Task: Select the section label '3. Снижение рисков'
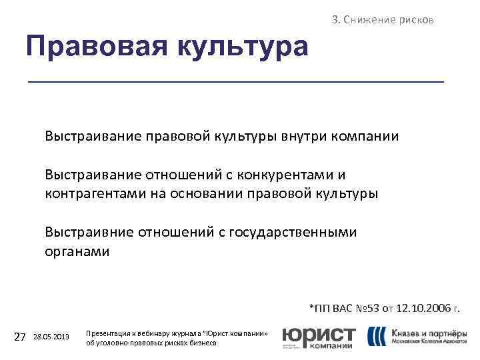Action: click(x=383, y=20)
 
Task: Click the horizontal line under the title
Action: click(x=235, y=81)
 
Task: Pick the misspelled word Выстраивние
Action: click(x=89, y=232)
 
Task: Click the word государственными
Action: click(x=293, y=232)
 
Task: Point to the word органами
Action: click(x=77, y=252)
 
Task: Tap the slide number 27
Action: click(x=19, y=337)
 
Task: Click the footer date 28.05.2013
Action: click(x=51, y=337)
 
